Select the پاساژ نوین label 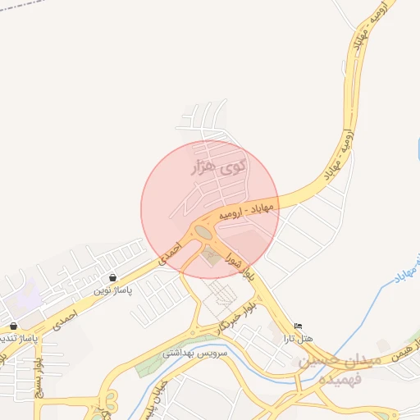point(112,290)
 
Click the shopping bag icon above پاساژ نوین point(112,277)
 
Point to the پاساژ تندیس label point(18,338)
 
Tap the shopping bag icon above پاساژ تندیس point(14,326)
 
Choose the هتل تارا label point(299,337)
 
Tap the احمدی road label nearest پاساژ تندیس point(62,319)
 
